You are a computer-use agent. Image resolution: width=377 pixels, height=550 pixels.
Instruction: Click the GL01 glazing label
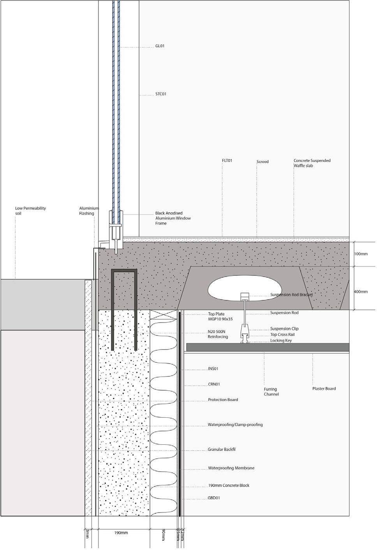[x=160, y=46]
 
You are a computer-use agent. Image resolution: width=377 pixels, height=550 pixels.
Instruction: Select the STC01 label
[x=160, y=94]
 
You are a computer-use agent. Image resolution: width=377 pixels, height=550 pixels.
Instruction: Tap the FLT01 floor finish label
[x=227, y=160]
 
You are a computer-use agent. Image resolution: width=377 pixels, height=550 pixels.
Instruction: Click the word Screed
[x=262, y=161]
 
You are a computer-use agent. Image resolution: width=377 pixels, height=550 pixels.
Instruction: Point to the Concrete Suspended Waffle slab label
[x=312, y=163]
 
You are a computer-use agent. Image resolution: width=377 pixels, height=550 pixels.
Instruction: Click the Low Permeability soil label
[x=30, y=211]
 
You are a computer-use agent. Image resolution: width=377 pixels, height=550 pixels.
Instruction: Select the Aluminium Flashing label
[x=89, y=211]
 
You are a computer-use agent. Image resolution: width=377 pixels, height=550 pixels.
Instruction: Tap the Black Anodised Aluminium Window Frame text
[x=173, y=218]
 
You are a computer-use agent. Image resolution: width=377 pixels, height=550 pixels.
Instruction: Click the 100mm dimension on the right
[x=361, y=254]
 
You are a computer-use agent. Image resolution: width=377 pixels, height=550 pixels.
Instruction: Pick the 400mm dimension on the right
[x=361, y=291]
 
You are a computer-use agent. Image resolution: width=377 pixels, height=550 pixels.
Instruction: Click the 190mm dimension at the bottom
[x=121, y=533]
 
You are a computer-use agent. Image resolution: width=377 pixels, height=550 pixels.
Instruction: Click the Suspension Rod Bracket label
[x=291, y=295]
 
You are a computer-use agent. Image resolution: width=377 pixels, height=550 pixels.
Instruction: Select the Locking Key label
[x=281, y=341]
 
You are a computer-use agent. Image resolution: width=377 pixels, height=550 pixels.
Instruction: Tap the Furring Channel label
[x=271, y=392]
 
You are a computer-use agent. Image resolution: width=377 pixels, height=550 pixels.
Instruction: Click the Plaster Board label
[x=324, y=389]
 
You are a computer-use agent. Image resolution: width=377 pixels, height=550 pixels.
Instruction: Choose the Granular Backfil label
[x=221, y=449]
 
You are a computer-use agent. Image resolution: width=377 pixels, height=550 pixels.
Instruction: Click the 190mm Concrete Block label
[x=228, y=486]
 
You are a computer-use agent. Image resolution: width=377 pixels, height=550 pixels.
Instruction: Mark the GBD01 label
[x=214, y=498]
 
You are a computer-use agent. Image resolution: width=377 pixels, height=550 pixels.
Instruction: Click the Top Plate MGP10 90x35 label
[x=220, y=316]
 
